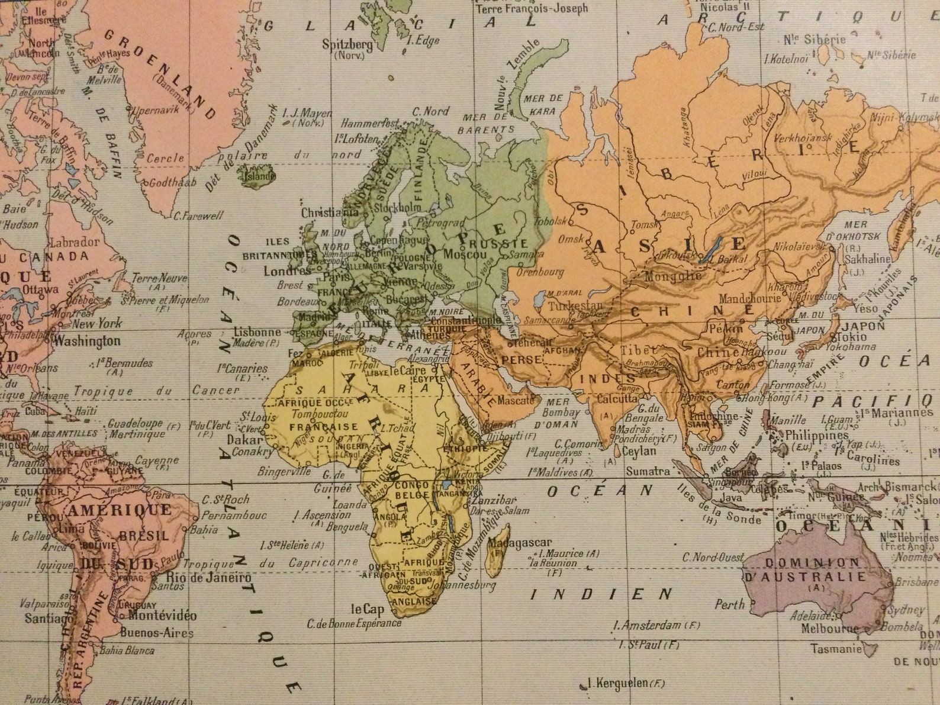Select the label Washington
87,341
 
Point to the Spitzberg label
347,44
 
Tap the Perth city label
729,604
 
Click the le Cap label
367,609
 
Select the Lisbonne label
257,332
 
